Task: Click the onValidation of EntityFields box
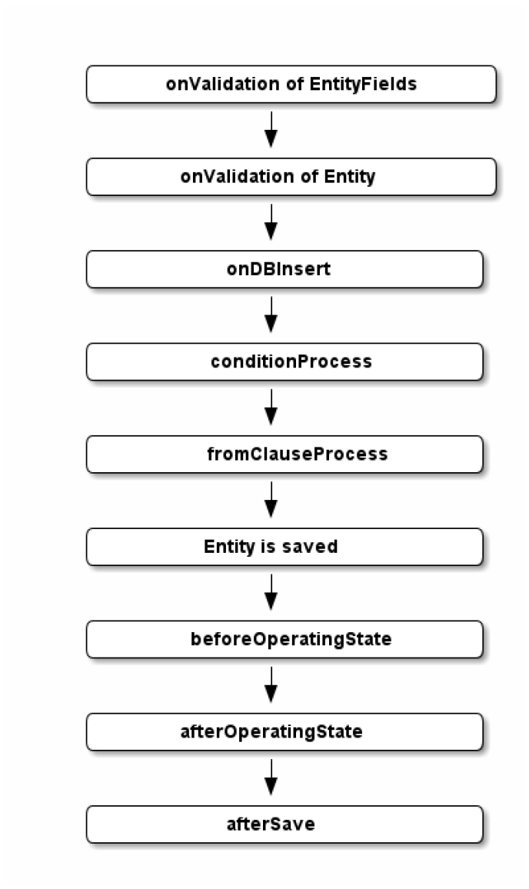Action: point(291,85)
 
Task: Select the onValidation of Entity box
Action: point(291,177)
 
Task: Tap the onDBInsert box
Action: point(284,269)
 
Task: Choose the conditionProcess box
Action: point(284,361)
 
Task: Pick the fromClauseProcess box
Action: point(284,454)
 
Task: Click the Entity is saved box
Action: point(284,547)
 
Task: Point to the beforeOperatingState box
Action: point(284,639)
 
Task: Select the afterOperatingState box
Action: point(284,731)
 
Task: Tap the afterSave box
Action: point(284,824)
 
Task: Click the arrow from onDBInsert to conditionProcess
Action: point(271,315)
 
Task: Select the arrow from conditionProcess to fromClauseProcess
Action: point(271,407)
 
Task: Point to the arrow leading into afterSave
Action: point(271,777)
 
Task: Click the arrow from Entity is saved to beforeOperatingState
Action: point(271,592)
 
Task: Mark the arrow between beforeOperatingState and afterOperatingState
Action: point(271,684)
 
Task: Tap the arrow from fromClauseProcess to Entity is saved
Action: point(271,500)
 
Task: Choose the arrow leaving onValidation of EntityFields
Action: point(271,129)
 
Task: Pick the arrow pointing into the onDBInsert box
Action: point(271,222)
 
